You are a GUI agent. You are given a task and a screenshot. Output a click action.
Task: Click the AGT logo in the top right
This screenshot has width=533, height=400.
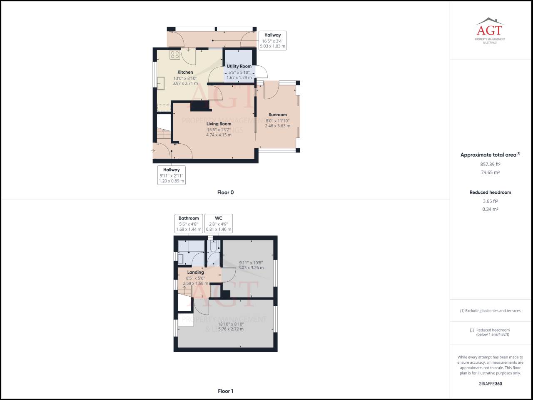pos(490,30)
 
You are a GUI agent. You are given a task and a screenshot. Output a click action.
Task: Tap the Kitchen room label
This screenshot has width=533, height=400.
pos(185,72)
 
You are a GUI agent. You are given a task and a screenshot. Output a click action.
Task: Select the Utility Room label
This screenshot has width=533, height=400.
pos(239,66)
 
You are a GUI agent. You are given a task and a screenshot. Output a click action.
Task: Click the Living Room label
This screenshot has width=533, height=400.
pos(219,124)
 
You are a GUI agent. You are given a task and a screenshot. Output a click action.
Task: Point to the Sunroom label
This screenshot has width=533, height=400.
pos(277,115)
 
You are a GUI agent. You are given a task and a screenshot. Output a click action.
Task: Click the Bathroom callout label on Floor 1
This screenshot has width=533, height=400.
pos(189,218)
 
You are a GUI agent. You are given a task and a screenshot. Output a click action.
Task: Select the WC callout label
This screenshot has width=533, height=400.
pos(219,218)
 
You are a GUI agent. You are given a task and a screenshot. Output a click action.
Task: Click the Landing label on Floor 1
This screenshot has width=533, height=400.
pos(195,272)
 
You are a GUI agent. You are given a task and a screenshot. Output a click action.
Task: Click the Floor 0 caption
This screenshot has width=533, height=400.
pos(225,192)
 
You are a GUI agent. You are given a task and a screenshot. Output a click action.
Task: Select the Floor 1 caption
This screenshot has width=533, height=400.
pos(225,391)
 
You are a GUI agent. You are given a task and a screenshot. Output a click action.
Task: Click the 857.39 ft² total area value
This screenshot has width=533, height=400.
pos(490,164)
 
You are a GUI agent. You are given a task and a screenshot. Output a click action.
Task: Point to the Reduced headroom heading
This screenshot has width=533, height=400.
pos(490,192)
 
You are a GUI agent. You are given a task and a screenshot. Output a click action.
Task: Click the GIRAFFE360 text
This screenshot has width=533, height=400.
pos(490,384)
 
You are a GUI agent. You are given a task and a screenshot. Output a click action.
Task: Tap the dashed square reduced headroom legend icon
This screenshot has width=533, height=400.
pos(472,330)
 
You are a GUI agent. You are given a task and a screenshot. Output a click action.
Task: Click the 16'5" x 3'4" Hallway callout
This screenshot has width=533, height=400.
pos(272,41)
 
